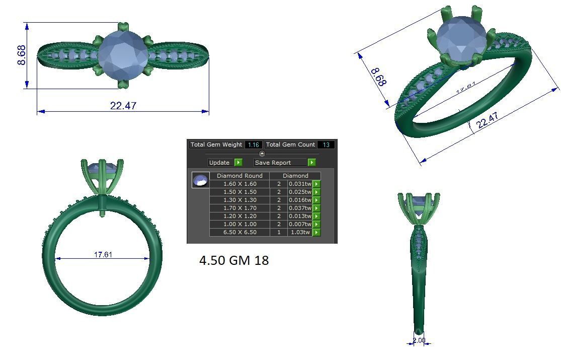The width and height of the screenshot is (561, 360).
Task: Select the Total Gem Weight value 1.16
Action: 254,145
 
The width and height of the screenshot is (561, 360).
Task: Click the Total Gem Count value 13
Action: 326,145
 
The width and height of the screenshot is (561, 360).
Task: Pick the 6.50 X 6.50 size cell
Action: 239,232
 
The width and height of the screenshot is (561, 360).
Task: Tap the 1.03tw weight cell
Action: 300,232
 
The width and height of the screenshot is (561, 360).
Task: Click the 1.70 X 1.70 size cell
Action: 239,208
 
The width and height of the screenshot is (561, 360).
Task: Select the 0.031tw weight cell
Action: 300,184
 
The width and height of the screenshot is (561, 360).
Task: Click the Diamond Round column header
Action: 239,176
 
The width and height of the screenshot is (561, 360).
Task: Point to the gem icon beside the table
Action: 201,180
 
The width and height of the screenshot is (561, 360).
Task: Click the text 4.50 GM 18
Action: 234,260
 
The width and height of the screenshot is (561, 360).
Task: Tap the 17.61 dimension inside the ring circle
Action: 103,255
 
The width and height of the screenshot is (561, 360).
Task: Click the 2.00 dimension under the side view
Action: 419,340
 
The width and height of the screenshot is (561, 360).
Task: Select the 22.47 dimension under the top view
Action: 123,106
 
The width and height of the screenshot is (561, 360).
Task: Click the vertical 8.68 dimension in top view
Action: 22,55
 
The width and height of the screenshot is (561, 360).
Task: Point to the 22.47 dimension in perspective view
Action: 487,120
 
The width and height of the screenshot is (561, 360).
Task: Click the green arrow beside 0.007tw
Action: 316,224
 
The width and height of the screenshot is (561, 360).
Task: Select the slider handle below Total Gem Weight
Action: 262,154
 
